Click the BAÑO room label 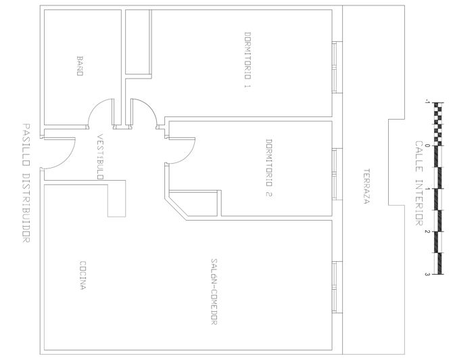pos(80,66)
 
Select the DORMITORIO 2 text pos(268,168)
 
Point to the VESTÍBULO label pos(100,156)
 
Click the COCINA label pos(82,275)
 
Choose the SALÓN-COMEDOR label pos(214,292)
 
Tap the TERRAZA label pos(366,186)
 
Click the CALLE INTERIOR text pos(419,183)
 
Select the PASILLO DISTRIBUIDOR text pos(26,183)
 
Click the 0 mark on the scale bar pos(427,145)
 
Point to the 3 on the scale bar pos(427,274)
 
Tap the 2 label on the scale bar pos(427,231)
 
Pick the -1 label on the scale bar pos(427,102)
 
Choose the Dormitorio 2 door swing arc pos(188,156)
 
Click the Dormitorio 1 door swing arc pos(150,106)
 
